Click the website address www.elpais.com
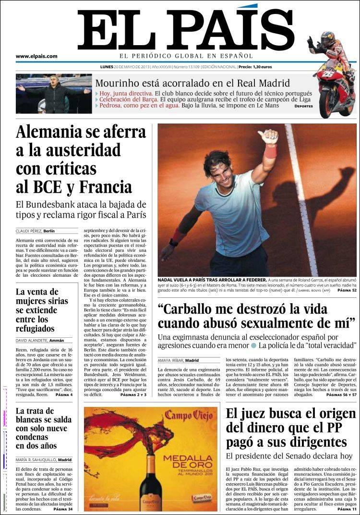coord(36,56)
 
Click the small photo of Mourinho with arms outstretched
coord(53,93)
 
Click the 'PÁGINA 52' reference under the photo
coord(347,291)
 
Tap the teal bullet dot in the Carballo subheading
coord(253,345)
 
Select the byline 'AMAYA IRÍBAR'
coord(170,360)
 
